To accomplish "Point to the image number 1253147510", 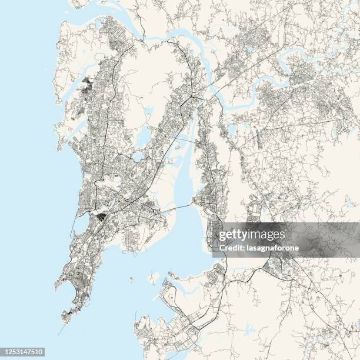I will click(23, 351).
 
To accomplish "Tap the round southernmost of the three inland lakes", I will click(139, 156).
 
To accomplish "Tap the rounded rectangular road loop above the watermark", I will click(254, 210).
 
